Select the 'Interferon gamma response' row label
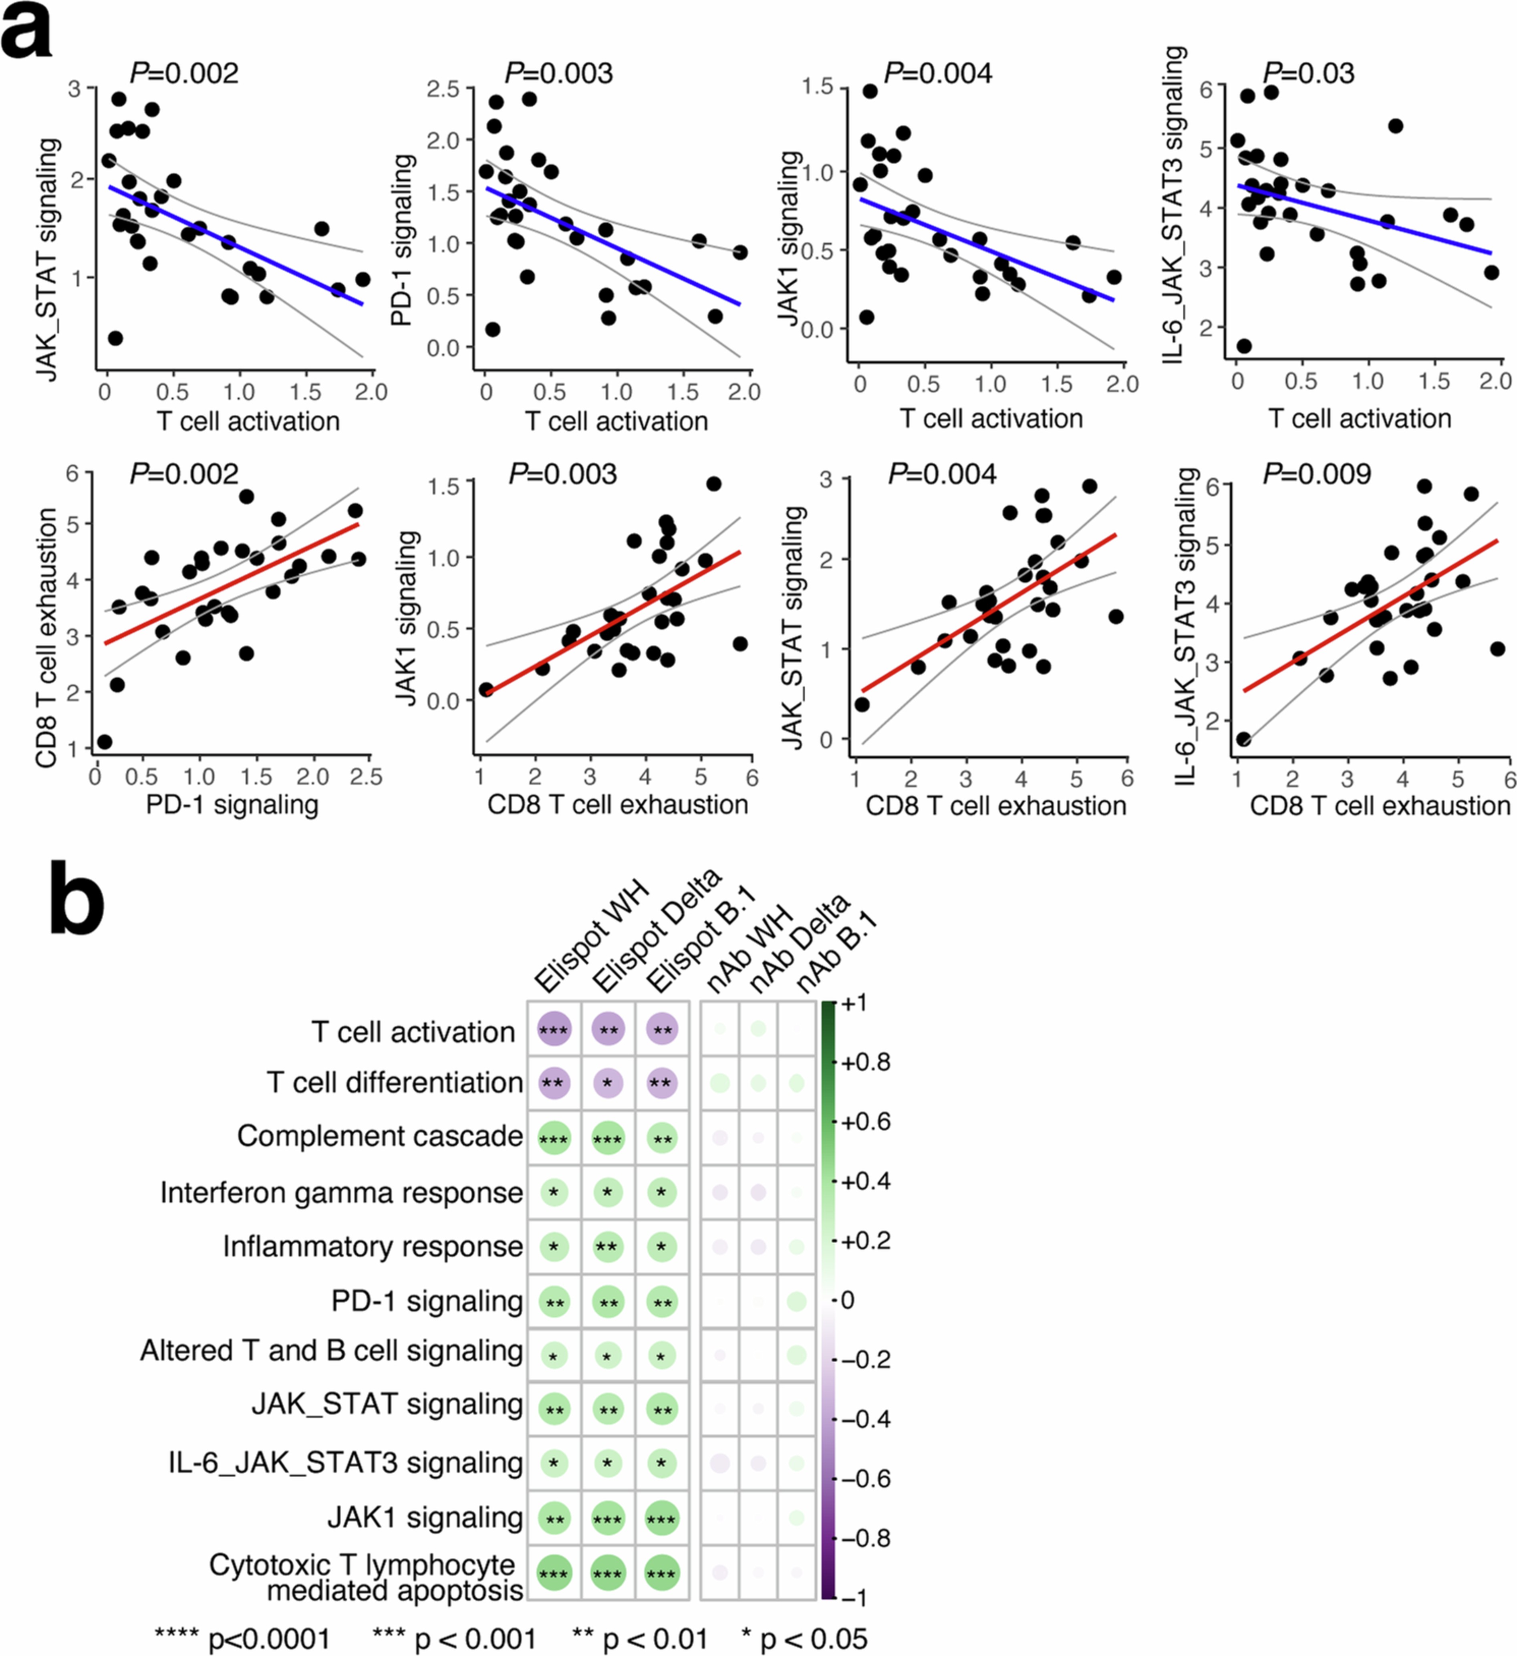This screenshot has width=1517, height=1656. pyautogui.click(x=341, y=1192)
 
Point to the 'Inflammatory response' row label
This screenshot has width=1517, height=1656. pyautogui.click(x=372, y=1246)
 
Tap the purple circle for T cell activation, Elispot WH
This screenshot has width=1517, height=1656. pyautogui.click(x=554, y=1029)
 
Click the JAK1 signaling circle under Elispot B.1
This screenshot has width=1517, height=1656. pyautogui.click(x=661, y=1518)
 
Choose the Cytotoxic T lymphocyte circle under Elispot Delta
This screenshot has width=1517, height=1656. pyautogui.click(x=608, y=1573)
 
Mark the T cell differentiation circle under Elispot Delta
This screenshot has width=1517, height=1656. pyautogui.click(x=608, y=1083)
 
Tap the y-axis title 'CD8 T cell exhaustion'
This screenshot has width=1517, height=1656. pyautogui.click(x=47, y=638)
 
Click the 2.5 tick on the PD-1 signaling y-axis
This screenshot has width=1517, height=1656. pyautogui.click(x=443, y=89)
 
